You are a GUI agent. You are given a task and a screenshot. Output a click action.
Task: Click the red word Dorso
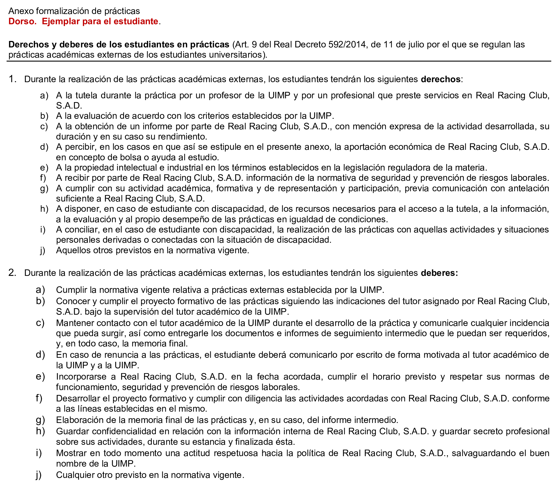pyautogui.click(x=22, y=21)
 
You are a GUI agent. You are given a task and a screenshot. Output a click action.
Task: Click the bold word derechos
pyautogui.click(x=441, y=79)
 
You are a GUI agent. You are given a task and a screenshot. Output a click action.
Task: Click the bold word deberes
pyautogui.click(x=439, y=273)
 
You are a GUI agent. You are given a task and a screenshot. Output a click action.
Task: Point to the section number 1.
pyautogui.click(x=12, y=79)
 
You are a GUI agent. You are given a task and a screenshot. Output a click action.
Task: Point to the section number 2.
pyautogui.click(x=12, y=273)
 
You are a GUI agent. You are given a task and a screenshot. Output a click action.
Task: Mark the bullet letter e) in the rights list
pyautogui.click(x=44, y=168)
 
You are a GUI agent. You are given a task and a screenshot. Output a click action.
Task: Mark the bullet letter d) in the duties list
pyautogui.click(x=40, y=355)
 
